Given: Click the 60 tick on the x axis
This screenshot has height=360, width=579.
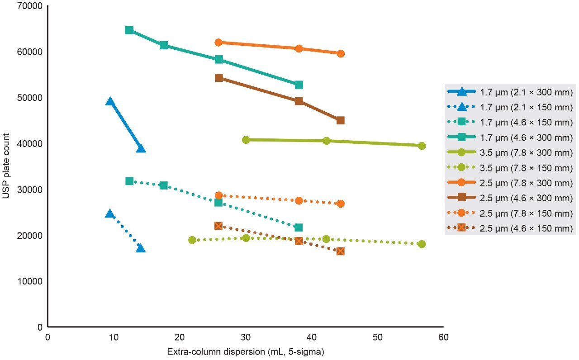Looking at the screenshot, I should [x=443, y=337].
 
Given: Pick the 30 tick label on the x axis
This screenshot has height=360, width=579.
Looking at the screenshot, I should [x=245, y=337].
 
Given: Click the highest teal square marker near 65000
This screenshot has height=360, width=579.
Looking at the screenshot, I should [x=129, y=30].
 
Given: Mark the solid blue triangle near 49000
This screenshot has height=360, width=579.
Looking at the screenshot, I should [x=110, y=101].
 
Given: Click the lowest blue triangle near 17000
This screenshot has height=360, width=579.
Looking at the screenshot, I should [x=141, y=248].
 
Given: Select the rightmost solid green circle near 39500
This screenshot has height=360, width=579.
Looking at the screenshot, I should [x=422, y=146].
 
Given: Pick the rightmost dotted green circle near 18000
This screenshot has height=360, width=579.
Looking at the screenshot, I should [x=422, y=244].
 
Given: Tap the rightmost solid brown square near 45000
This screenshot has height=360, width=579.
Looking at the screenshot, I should [x=340, y=120].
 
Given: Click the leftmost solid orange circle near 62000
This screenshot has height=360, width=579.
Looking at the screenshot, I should [x=218, y=43].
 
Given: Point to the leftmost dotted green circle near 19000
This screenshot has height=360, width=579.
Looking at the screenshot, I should [x=192, y=240].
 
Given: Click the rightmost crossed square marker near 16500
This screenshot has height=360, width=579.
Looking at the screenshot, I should [x=340, y=251].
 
